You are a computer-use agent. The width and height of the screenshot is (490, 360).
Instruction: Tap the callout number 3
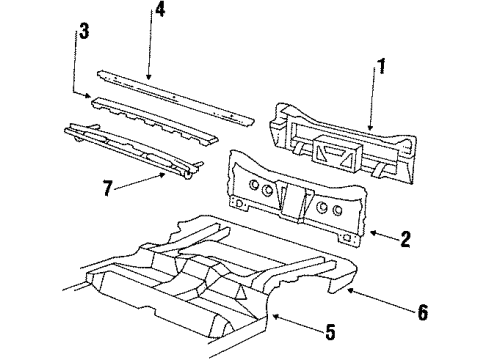coord(84,31)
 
